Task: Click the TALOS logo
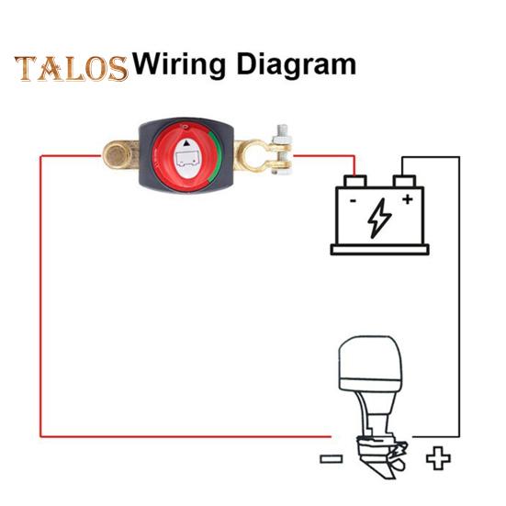(72, 68)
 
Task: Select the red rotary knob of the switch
(186, 157)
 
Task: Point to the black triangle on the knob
(186, 143)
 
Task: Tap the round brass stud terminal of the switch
(117, 155)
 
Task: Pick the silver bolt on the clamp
(282, 150)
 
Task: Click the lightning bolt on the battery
(379, 218)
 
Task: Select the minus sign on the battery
(353, 201)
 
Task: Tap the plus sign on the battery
(408, 199)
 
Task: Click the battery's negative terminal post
(355, 181)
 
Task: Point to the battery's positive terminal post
(404, 181)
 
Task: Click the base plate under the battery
(379, 250)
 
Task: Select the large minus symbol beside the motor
(332, 458)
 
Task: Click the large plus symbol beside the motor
(438, 458)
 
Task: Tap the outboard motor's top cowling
(370, 364)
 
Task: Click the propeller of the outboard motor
(399, 455)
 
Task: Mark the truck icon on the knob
(186, 159)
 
